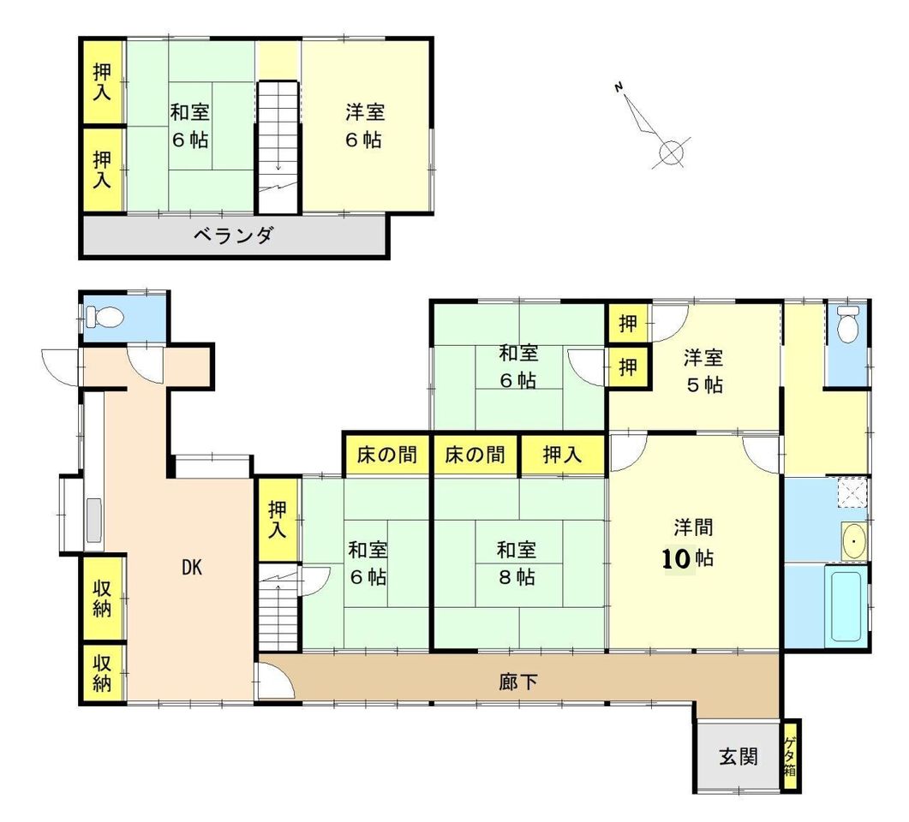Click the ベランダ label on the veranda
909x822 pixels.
click(x=233, y=235)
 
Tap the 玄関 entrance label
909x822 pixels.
click(x=738, y=756)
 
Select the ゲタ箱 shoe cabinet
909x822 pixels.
click(x=790, y=756)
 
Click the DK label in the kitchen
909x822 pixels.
click(x=192, y=568)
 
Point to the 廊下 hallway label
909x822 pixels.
click(x=518, y=682)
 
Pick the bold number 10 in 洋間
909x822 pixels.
click(x=676, y=558)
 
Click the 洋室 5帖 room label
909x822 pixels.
click(x=703, y=371)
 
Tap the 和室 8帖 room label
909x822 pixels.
click(x=516, y=563)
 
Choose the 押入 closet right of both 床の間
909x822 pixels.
click(x=562, y=455)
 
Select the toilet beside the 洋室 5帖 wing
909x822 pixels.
click(x=847, y=324)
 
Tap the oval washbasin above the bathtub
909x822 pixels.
click(x=853, y=541)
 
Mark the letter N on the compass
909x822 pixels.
click(x=619, y=88)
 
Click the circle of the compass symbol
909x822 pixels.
click(x=672, y=153)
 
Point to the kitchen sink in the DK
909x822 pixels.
click(x=94, y=520)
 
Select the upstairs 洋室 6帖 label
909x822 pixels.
click(x=365, y=125)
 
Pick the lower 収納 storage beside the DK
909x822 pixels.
click(x=102, y=672)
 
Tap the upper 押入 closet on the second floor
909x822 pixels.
click(x=102, y=81)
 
